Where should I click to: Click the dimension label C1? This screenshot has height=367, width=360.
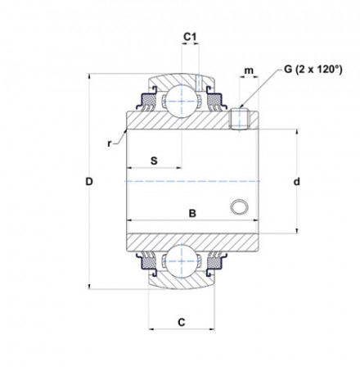click(x=189, y=37)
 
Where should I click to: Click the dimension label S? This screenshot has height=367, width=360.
click(x=153, y=160)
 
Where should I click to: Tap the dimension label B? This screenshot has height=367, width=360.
click(x=193, y=215)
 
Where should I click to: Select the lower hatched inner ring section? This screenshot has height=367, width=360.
click(x=188, y=242)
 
